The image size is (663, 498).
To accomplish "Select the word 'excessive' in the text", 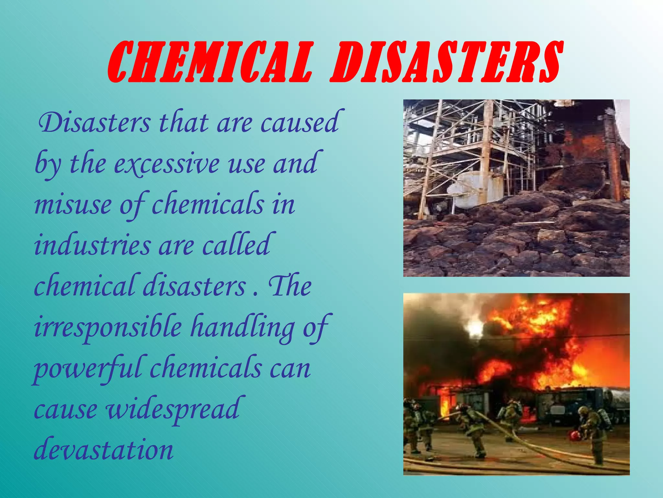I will coord(167,164).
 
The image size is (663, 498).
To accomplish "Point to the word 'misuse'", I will coord(73,205).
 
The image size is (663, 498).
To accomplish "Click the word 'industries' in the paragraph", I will coord(92,245).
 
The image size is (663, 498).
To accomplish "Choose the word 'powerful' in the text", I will coord(87,369).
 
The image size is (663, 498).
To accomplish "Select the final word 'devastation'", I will coord(104,450).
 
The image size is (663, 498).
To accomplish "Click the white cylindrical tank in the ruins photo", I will coord(476,191).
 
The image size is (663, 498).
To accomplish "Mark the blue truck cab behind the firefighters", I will coord(563,405).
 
